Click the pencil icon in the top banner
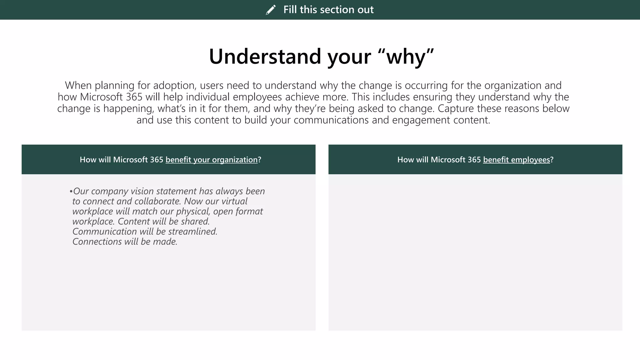(271, 10)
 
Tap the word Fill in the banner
(290, 10)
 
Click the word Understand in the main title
(265, 57)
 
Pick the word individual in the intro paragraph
(208, 97)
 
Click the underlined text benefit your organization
(212, 160)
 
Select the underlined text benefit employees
(516, 160)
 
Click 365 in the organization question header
(156, 160)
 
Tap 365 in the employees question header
(474, 160)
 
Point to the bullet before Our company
(71, 191)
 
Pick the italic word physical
(192, 211)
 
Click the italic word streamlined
(192, 232)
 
